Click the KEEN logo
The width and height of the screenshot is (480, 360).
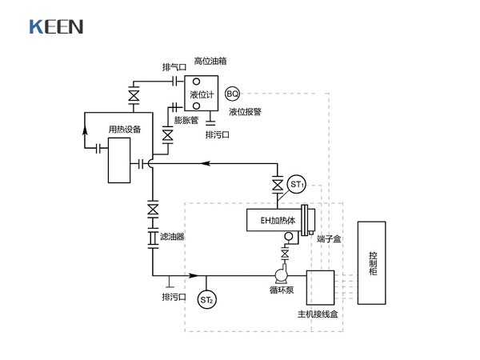point(56,26)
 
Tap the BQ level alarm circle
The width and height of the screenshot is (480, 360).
point(233,94)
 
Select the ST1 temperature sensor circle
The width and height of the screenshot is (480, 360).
point(298,186)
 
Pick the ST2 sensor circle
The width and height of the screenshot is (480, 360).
point(207,300)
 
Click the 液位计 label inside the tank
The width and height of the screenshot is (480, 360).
point(201,95)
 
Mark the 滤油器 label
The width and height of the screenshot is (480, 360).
point(172,237)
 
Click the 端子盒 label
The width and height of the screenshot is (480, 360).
point(329,240)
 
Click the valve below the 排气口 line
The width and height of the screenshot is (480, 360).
point(133,97)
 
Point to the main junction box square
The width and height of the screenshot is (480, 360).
point(320,287)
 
